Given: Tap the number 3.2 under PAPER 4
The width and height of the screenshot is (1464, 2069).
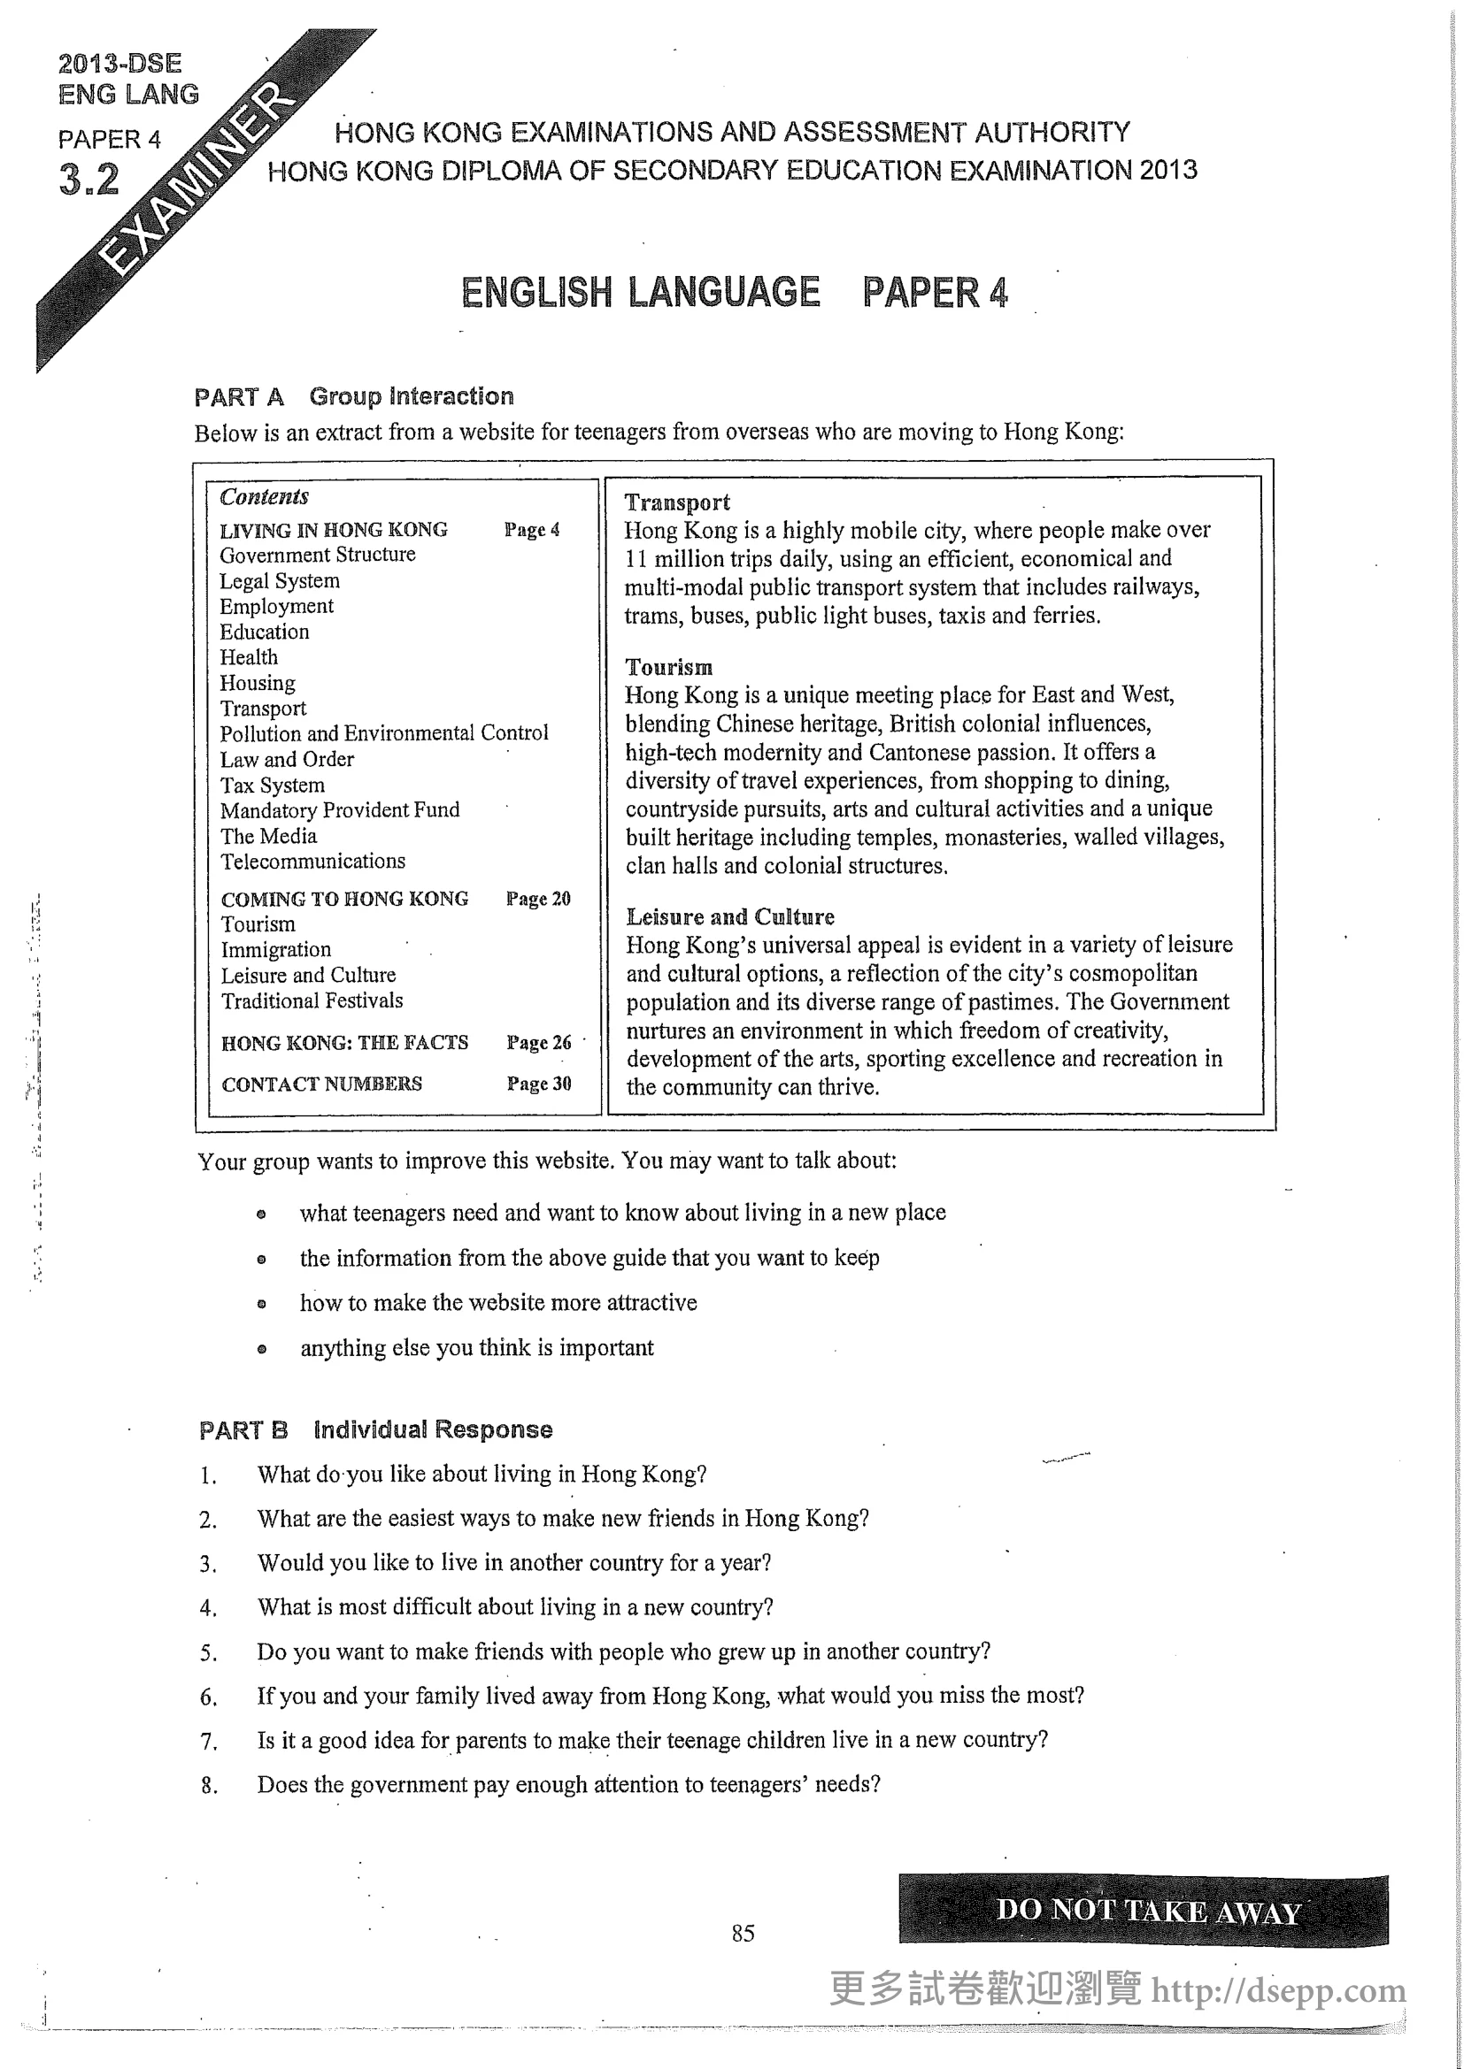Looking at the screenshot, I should pyautogui.click(x=89, y=179).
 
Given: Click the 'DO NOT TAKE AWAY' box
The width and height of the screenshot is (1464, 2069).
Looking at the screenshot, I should pyautogui.click(x=1142, y=1911).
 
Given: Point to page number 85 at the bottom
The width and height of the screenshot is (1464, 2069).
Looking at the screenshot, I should pyautogui.click(x=743, y=1932).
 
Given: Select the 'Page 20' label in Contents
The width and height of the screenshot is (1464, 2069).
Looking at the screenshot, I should pyautogui.click(x=538, y=899).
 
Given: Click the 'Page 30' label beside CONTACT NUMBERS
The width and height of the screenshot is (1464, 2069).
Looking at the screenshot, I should pyautogui.click(x=539, y=1084).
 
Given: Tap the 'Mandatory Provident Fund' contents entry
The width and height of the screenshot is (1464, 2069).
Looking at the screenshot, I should pyautogui.click(x=340, y=810).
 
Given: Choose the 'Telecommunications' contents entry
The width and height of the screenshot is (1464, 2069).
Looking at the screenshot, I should pyautogui.click(x=312, y=861).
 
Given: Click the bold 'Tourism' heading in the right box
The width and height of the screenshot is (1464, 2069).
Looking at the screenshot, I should pyautogui.click(x=669, y=667).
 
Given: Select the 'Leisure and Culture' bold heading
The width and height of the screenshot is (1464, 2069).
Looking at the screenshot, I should pyautogui.click(x=730, y=916).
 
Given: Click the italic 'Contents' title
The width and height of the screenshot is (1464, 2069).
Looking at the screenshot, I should pyautogui.click(x=263, y=496).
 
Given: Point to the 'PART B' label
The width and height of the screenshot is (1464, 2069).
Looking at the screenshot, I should pyautogui.click(x=243, y=1430).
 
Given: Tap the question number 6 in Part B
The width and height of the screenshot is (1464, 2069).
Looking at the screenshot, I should pyautogui.click(x=208, y=1697).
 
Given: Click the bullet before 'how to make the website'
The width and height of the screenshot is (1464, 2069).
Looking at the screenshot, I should pyautogui.click(x=261, y=1303).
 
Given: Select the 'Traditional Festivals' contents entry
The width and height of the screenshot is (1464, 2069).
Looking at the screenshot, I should pyautogui.click(x=312, y=1000).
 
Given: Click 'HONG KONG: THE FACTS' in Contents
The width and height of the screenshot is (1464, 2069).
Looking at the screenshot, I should pyautogui.click(x=344, y=1043).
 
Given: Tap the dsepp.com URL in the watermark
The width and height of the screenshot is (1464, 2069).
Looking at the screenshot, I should pyautogui.click(x=1278, y=1989).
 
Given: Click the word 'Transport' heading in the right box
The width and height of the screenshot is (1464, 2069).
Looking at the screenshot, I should pyautogui.click(x=677, y=502).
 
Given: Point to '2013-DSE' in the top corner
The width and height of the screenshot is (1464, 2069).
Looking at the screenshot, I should pyautogui.click(x=119, y=63).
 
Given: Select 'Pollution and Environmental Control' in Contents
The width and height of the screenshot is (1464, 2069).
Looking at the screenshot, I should pyautogui.click(x=384, y=732).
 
